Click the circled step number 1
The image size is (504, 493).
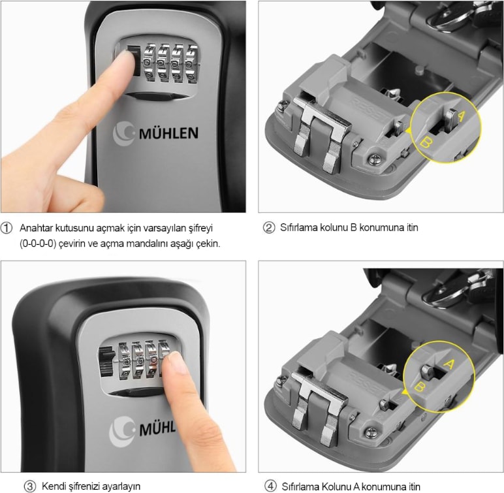(7, 228)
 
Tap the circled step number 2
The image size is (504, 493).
(269, 228)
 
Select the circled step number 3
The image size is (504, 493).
(30, 486)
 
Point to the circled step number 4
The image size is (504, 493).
(270, 486)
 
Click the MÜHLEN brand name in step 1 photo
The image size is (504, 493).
(168, 133)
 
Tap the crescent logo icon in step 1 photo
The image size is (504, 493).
(123, 133)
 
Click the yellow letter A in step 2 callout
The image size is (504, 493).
(461, 116)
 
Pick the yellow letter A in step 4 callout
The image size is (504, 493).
(449, 364)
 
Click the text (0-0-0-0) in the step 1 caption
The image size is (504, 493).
(38, 244)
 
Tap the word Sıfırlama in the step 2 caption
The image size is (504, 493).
(298, 228)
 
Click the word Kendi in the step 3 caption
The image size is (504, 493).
(53, 486)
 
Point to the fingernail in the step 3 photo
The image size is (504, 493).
(176, 362)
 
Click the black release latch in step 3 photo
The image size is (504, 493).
(106, 361)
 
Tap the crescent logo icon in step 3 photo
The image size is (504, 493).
(121, 432)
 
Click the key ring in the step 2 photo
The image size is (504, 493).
(449, 20)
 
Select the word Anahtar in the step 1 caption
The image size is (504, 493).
(37, 228)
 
